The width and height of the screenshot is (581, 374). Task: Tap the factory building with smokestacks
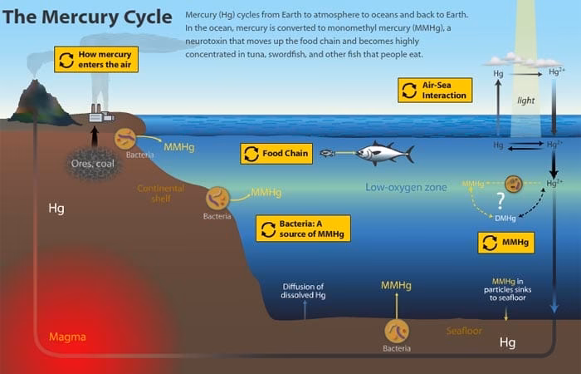pos(101,113)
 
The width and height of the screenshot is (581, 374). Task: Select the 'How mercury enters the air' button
pos(96,59)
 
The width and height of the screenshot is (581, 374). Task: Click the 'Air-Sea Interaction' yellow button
pos(435,90)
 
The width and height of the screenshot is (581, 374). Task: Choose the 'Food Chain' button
pos(276,154)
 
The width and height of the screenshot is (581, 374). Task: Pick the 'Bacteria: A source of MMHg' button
pos(303,229)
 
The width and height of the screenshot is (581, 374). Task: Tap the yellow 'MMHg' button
pos(506,243)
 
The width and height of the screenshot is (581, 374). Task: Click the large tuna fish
pos(384,153)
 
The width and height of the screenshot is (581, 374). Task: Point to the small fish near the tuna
pos(327,153)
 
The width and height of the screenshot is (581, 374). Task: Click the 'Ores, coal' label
pos(93,164)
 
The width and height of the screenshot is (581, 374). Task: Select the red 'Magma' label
pos(67,337)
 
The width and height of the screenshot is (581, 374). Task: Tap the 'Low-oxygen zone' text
pos(406,187)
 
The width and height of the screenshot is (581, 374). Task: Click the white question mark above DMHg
pos(500,201)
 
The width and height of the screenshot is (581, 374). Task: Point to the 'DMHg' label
pos(505,219)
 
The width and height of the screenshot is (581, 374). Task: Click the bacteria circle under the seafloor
pos(397,331)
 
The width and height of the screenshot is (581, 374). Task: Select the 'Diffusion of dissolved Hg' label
pos(303,291)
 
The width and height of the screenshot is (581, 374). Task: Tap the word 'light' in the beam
pos(525,101)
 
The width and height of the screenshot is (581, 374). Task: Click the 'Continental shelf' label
pos(161,194)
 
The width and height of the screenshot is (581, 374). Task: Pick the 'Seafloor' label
pos(464,331)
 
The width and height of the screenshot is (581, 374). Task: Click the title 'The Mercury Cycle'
pos(87,17)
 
